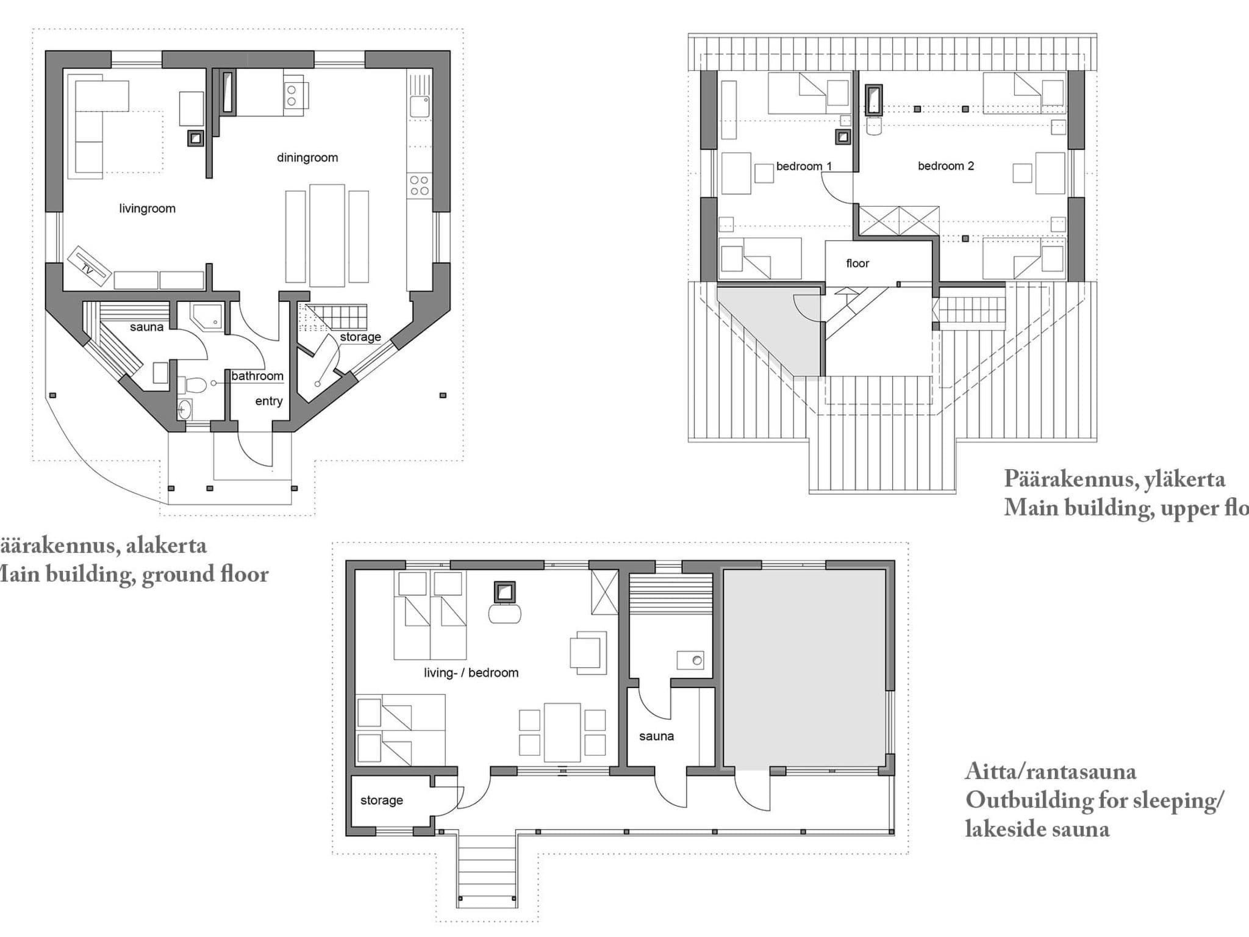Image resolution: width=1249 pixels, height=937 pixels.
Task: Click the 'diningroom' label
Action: [x=307, y=157]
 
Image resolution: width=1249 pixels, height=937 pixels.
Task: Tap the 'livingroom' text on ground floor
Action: [x=147, y=209]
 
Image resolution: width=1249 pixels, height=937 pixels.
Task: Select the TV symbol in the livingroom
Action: [x=89, y=265]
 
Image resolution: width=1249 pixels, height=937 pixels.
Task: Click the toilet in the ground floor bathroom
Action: [x=193, y=385]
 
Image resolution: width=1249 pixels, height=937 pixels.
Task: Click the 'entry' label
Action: [x=268, y=401]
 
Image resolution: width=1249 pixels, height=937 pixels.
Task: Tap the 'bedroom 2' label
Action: [x=945, y=166]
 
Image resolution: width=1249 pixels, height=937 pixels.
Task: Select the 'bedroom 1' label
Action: [x=803, y=166]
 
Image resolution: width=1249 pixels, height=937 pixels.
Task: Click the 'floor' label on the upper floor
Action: [x=857, y=264]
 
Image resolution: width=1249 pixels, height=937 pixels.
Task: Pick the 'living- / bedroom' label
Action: [x=471, y=673]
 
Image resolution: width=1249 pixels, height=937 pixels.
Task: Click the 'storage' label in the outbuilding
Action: [x=381, y=800]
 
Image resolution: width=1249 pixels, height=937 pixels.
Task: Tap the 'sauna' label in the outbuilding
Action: [x=656, y=736]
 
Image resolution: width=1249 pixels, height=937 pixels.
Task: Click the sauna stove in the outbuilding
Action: [x=690, y=660]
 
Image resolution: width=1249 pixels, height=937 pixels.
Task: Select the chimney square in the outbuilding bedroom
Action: [x=504, y=591]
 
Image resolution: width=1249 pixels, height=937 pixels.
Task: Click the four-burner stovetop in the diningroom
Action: [x=419, y=185]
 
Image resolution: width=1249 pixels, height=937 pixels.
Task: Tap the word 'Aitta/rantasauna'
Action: [x=1050, y=772]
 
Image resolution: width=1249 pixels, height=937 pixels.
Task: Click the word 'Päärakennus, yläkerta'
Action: [x=1114, y=479]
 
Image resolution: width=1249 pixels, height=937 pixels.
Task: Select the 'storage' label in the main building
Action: [x=360, y=337]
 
